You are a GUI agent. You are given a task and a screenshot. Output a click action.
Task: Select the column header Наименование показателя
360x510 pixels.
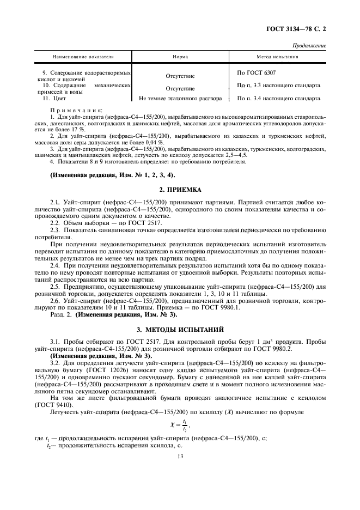pyautogui.click(x=83, y=57)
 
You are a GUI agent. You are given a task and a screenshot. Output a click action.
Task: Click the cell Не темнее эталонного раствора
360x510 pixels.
pyautogui.click(x=180, y=99)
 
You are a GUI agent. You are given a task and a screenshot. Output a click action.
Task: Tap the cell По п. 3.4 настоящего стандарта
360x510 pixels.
pyautogui.click(x=279, y=99)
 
